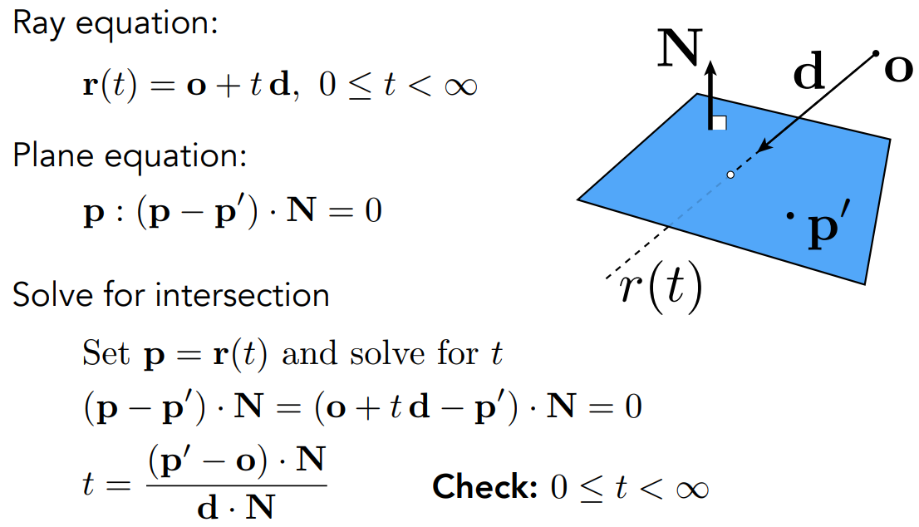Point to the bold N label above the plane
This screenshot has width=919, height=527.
[679, 52]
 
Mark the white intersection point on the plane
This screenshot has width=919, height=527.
[730, 175]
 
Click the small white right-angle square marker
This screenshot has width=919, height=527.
[720, 123]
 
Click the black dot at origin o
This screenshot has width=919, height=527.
[876, 54]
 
